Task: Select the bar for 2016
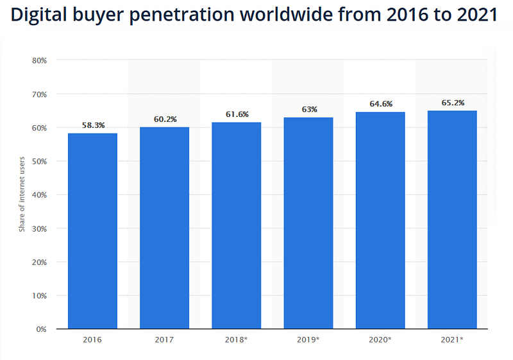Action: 92,231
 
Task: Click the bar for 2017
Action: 165,228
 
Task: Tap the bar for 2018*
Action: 237,226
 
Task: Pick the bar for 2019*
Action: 309,223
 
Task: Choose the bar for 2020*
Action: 381,221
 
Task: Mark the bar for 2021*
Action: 453,219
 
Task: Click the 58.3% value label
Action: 93,126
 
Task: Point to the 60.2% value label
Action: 165,119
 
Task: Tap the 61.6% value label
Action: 237,114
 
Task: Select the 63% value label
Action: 309,110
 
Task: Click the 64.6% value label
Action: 381,104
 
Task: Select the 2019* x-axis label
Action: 309,338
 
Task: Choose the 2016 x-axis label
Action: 92,338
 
